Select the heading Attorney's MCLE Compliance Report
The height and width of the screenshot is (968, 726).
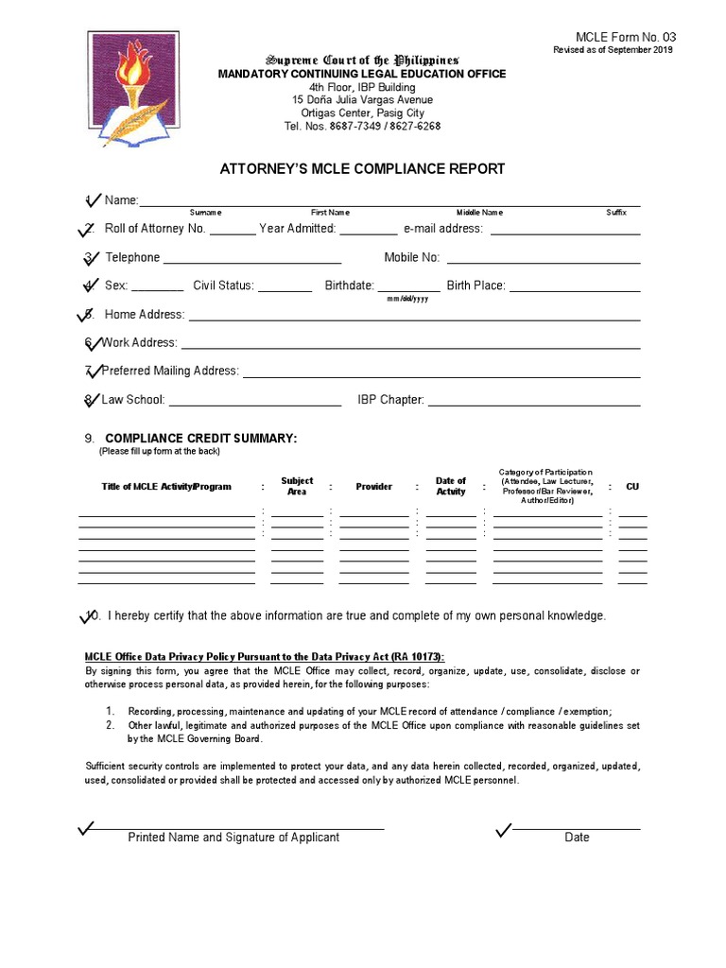362,169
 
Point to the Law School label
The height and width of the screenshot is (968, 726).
133,400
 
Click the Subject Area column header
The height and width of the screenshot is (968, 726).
297,487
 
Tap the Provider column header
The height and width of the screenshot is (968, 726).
373,487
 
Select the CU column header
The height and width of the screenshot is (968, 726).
632,487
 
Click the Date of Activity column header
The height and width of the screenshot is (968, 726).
451,487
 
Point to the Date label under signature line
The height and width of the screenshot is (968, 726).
577,838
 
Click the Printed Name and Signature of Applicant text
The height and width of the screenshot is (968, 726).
233,838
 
